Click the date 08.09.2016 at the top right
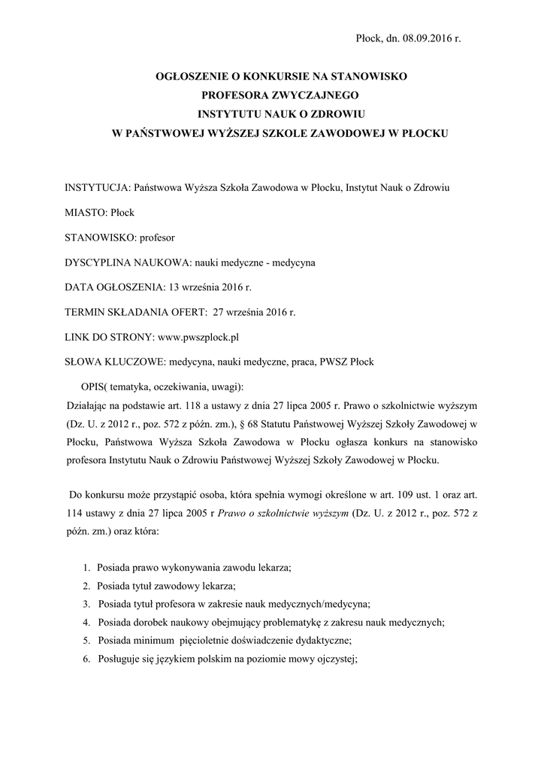point(427,38)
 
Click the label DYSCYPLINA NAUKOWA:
point(128,262)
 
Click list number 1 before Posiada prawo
point(86,568)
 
